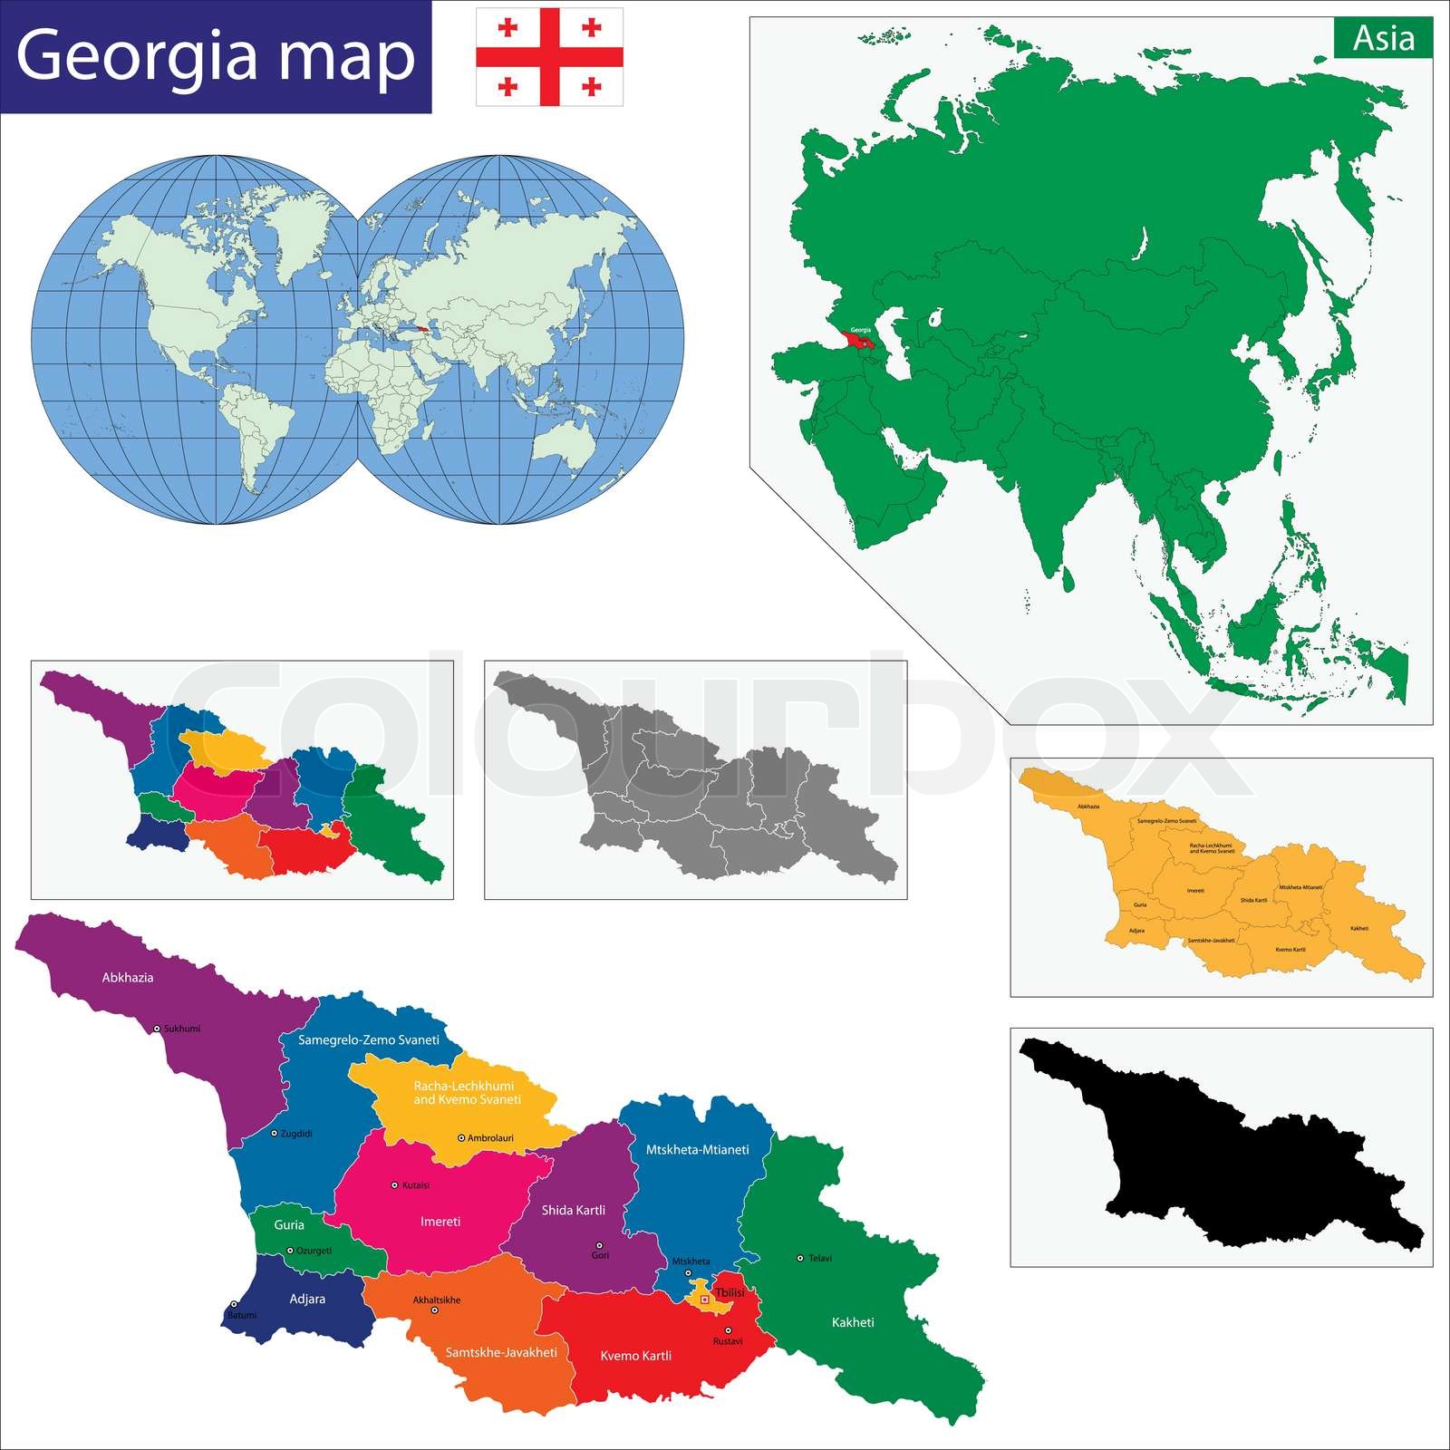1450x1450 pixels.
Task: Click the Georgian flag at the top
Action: tap(549, 56)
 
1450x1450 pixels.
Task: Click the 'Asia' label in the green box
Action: tap(1383, 39)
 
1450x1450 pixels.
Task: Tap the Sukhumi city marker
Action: tap(157, 1029)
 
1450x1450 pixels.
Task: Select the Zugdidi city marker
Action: tap(275, 1133)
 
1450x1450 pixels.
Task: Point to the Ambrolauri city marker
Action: tap(461, 1137)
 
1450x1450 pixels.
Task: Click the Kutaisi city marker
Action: tap(394, 1184)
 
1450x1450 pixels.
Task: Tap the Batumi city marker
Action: tap(234, 1304)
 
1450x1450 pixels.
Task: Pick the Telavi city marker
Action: tap(799, 1258)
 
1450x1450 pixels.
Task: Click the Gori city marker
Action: tap(598, 1245)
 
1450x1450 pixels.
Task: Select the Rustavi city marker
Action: tap(728, 1330)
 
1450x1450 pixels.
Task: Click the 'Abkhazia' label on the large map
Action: tap(128, 978)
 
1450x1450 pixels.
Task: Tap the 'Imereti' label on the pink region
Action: tap(440, 1222)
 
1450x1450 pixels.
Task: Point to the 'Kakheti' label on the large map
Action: tap(853, 1322)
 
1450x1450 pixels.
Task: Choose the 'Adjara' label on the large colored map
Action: tap(307, 1299)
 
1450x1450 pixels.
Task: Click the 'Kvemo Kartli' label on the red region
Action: tap(636, 1356)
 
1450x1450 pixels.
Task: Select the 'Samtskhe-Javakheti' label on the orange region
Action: tap(501, 1352)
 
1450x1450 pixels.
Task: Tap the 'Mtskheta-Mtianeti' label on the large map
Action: tap(697, 1149)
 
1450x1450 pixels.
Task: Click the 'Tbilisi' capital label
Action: tap(730, 1292)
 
